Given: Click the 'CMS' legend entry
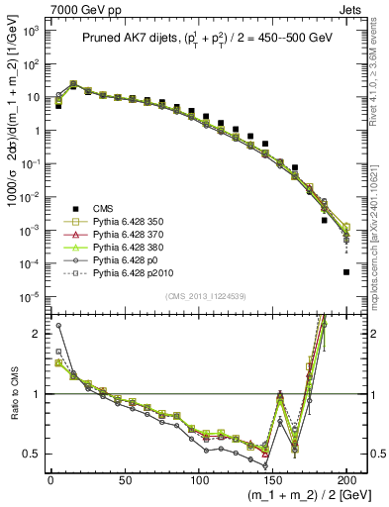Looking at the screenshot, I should click(x=103, y=207).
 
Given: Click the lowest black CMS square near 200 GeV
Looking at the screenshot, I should click(x=346, y=271).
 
